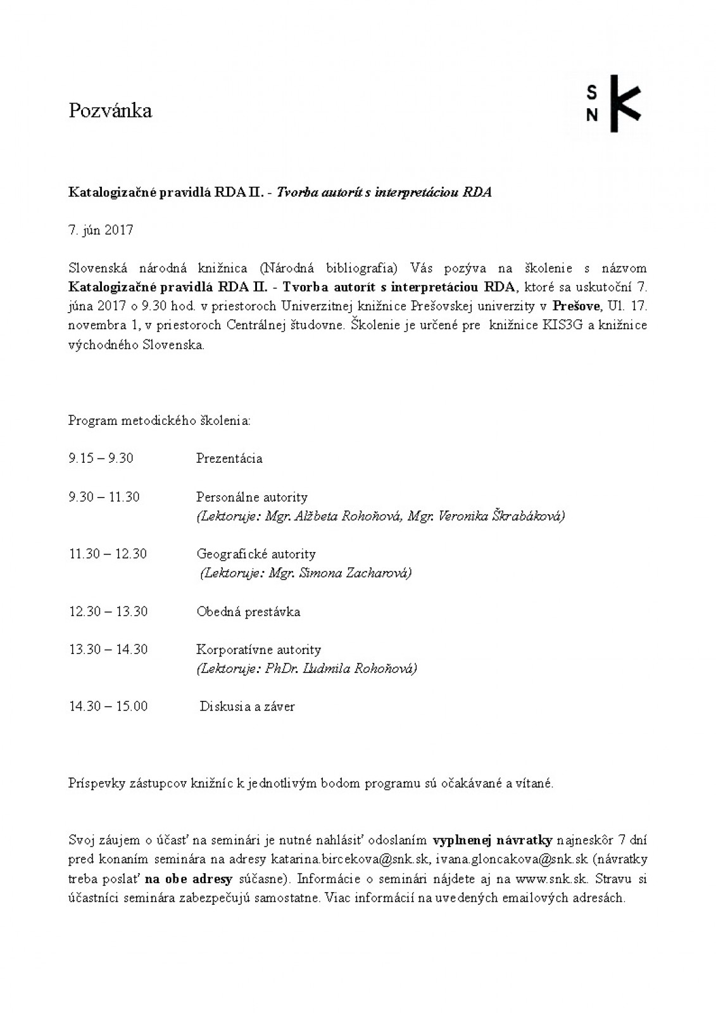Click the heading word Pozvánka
pyautogui.click(x=110, y=111)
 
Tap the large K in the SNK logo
pyautogui.click(x=624, y=104)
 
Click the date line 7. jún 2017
pyautogui.click(x=101, y=230)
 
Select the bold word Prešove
pyautogui.click(x=576, y=306)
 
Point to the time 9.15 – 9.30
pyautogui.click(x=101, y=458)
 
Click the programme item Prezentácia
pyautogui.click(x=229, y=458)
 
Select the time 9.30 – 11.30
pyautogui.click(x=104, y=497)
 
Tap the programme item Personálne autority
pyautogui.click(x=252, y=497)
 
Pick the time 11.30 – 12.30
pyautogui.click(x=108, y=554)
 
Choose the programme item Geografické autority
pyautogui.click(x=256, y=554)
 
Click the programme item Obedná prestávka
pyautogui.click(x=248, y=612)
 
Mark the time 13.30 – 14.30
pyautogui.click(x=108, y=650)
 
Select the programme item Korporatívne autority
pyautogui.click(x=258, y=650)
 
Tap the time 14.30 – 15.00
pyautogui.click(x=108, y=707)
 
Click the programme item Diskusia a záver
pyautogui.click(x=248, y=707)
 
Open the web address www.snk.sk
pyautogui.click(x=551, y=879)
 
